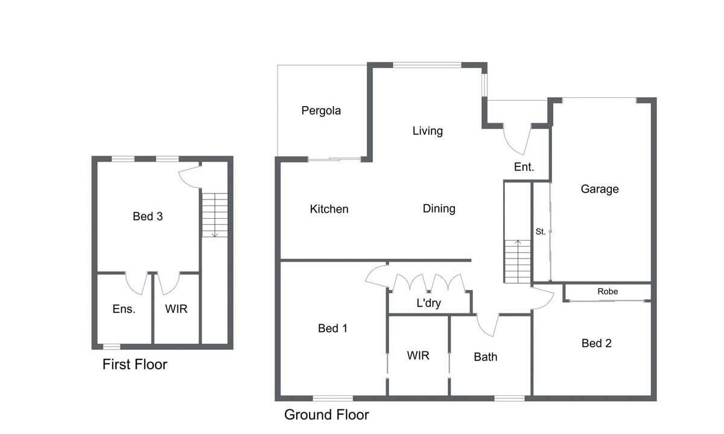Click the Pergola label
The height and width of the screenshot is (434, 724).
pyautogui.click(x=321, y=111)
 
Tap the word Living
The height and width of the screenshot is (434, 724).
pyautogui.click(x=428, y=131)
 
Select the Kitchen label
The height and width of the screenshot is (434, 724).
pyautogui.click(x=329, y=209)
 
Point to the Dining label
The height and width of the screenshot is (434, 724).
pyautogui.click(x=439, y=209)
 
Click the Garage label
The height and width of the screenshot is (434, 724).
pyautogui.click(x=600, y=189)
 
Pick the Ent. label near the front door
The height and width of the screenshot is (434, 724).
pyautogui.click(x=524, y=167)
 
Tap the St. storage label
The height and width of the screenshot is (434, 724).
pyautogui.click(x=541, y=231)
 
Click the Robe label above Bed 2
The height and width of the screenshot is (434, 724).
pyautogui.click(x=608, y=291)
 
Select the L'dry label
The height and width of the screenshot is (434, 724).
pyautogui.click(x=428, y=303)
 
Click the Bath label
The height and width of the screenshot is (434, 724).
pyautogui.click(x=486, y=357)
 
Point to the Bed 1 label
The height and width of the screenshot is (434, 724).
pyautogui.click(x=332, y=329)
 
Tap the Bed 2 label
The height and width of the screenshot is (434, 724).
pyautogui.click(x=596, y=343)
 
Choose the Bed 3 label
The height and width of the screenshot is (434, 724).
pyautogui.click(x=148, y=216)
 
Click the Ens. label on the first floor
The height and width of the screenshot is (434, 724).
pyautogui.click(x=124, y=309)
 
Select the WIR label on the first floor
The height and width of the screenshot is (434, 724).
pyautogui.click(x=176, y=309)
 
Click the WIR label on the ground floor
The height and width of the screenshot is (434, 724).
pyautogui.click(x=418, y=356)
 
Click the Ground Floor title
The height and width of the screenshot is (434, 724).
pyautogui.click(x=326, y=415)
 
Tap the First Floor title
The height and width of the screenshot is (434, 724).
pyautogui.click(x=135, y=365)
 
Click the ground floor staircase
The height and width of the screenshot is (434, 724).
pyautogui.click(x=518, y=262)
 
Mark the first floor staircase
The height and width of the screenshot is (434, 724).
pyautogui.click(x=215, y=215)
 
